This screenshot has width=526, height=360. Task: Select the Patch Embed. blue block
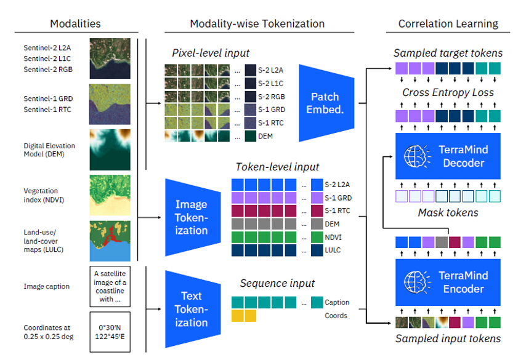tap(325, 102)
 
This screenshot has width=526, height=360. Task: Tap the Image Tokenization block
tap(192, 217)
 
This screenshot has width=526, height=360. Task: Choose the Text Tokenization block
tap(192, 310)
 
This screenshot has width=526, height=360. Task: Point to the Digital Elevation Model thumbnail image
tap(110, 150)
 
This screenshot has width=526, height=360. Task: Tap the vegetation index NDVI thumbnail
tap(110, 194)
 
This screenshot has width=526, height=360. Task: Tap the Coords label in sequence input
tap(337, 316)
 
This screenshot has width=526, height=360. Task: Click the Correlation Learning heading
tap(448, 24)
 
